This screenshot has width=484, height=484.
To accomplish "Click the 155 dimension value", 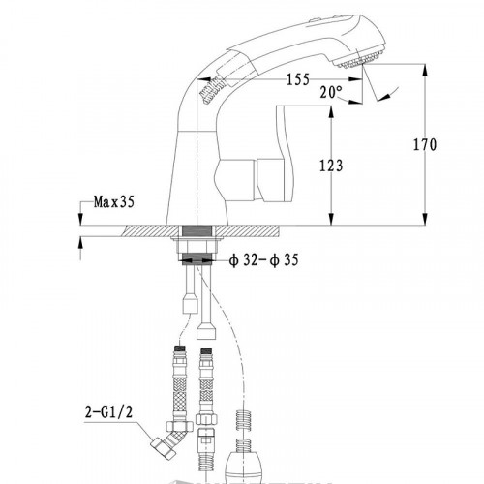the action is (298, 79).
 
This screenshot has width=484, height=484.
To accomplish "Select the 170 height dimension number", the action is (425, 144).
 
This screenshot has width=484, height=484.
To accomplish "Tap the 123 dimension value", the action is (331, 166).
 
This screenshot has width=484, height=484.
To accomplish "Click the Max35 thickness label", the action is (114, 202).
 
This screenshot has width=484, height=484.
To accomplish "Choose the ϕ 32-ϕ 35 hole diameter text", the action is (263, 260).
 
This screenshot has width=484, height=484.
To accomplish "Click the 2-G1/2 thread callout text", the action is (108, 412).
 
